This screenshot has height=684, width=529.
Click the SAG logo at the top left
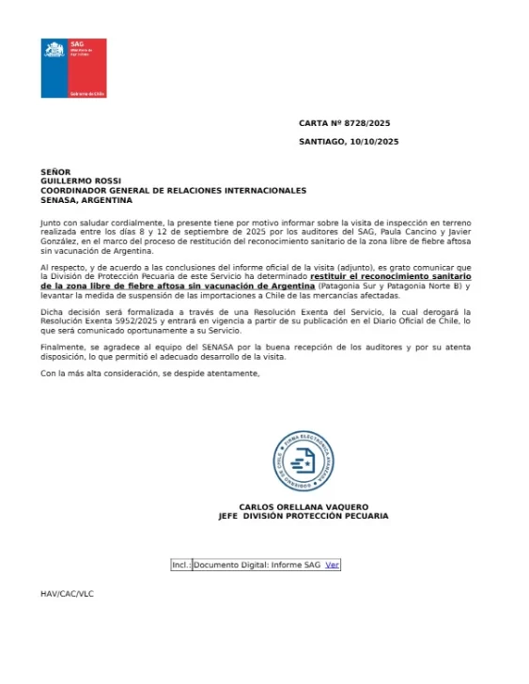[x=72, y=69]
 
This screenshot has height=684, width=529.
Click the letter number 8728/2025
[x=369, y=123]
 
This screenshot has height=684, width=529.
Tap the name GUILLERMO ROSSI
[x=80, y=181]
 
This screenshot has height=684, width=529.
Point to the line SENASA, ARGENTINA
[x=86, y=200]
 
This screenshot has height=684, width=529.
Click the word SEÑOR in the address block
[x=55, y=172]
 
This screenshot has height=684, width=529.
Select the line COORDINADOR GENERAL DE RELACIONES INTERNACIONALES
[x=173, y=191]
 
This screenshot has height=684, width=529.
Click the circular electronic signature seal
[x=303, y=461]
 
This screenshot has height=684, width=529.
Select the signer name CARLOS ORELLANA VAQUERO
[x=303, y=506]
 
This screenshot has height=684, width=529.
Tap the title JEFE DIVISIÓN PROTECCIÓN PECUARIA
[x=303, y=516]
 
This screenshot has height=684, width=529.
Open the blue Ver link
[x=332, y=565]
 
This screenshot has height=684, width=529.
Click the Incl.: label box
[x=181, y=565]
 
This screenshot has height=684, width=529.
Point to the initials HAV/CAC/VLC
[x=67, y=594]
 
